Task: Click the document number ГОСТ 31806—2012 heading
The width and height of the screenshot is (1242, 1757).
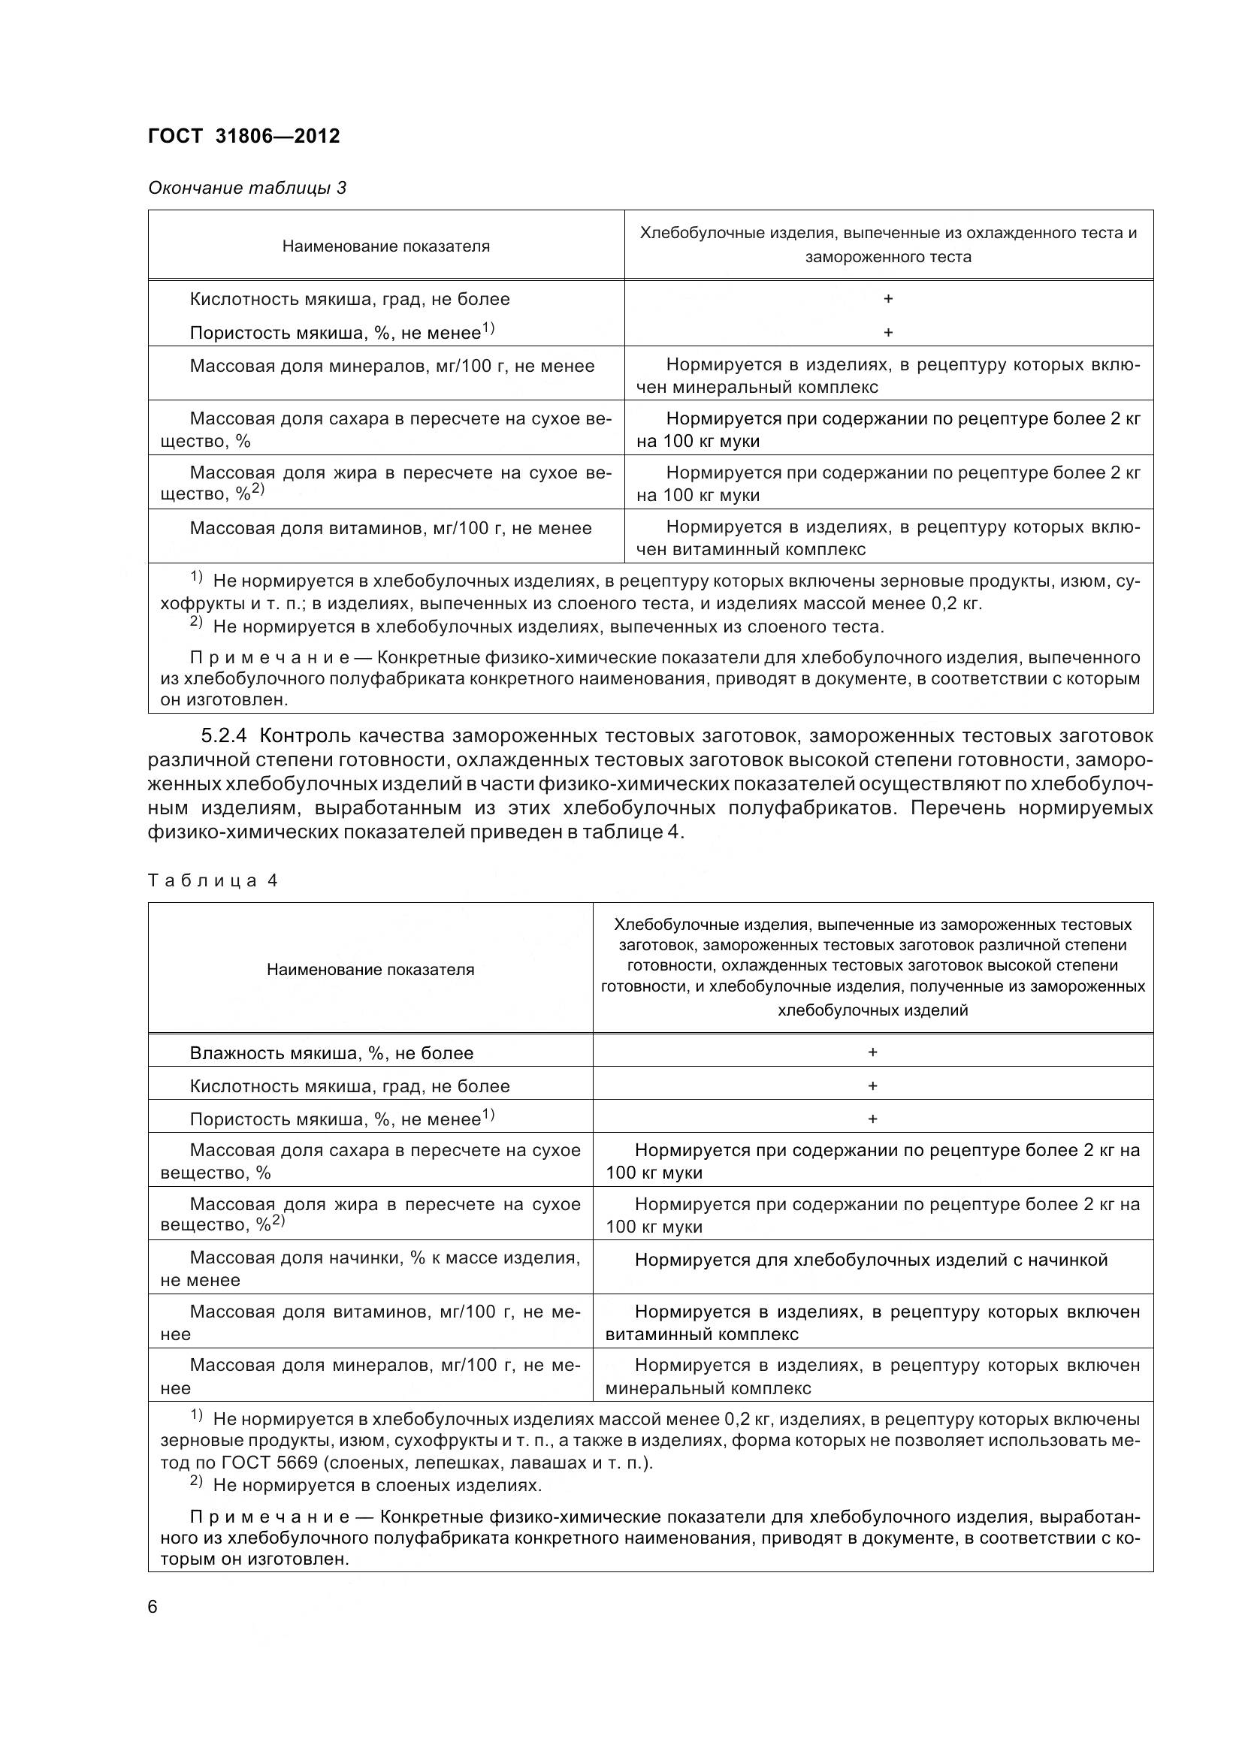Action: [x=243, y=136]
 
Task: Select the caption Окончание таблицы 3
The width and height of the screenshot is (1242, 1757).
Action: [x=246, y=188]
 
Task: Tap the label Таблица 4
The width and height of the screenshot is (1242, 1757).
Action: [x=212, y=881]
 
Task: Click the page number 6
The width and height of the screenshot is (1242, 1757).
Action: [x=153, y=1607]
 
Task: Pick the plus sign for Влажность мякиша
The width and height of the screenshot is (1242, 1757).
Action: [x=872, y=1052]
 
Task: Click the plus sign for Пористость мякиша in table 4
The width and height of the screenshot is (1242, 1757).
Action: [x=872, y=1119]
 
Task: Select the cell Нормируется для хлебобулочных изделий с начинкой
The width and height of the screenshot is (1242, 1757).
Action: [x=871, y=1260]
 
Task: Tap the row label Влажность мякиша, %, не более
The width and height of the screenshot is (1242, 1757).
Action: [x=331, y=1053]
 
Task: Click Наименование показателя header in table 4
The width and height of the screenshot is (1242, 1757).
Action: [x=370, y=970]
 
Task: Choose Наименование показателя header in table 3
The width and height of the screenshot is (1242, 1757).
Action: [x=385, y=246]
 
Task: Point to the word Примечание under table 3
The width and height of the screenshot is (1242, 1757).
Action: [x=270, y=657]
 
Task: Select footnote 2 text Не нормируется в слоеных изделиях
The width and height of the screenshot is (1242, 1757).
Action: [x=376, y=1485]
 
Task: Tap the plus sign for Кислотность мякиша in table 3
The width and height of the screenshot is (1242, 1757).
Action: [x=887, y=299]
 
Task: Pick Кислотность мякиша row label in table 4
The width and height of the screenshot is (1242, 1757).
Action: [x=349, y=1086]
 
